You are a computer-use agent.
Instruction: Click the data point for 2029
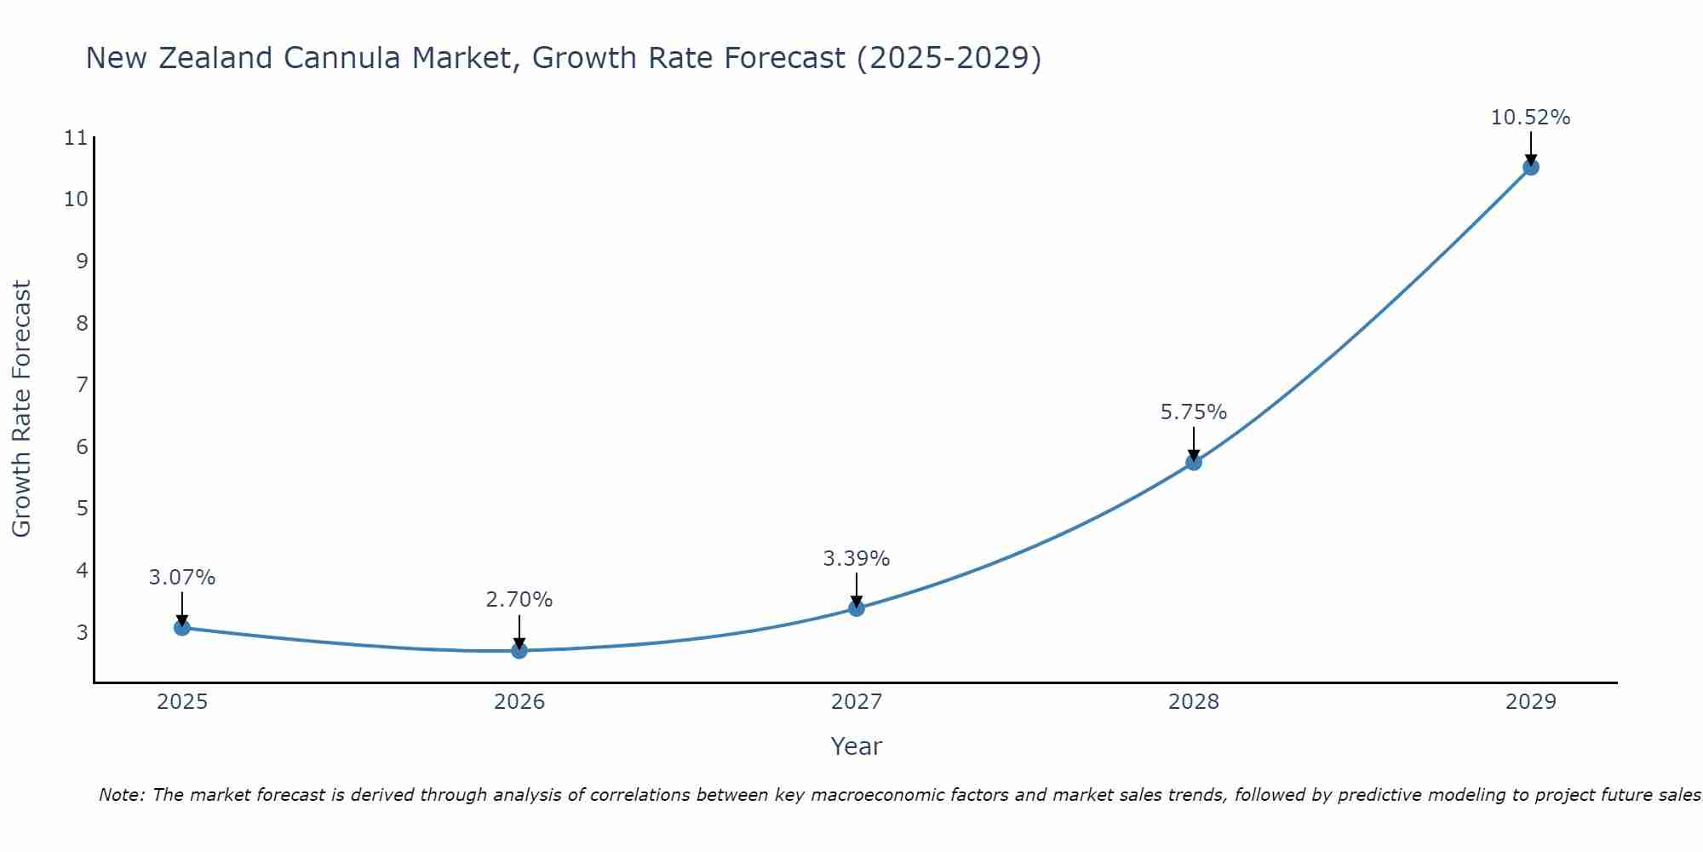tap(1530, 167)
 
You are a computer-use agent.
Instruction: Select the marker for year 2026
tap(519, 650)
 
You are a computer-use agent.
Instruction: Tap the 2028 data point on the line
tap(1193, 463)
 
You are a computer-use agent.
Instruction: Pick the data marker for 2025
tap(182, 627)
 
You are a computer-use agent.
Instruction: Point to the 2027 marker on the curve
tap(857, 607)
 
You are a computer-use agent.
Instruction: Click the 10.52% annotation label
tap(1530, 118)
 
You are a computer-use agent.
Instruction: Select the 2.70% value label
tap(519, 600)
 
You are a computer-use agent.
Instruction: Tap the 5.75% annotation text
tap(1193, 412)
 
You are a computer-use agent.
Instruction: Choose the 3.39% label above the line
tap(857, 559)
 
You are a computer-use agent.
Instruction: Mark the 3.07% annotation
tap(182, 578)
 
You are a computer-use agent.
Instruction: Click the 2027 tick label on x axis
tap(857, 702)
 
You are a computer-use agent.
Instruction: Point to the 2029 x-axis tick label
tap(1530, 702)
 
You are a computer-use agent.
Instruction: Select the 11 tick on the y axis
tap(76, 138)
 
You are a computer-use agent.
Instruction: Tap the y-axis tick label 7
tap(82, 385)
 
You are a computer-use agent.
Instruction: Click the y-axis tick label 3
tap(82, 632)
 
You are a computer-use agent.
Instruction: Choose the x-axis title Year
tap(857, 746)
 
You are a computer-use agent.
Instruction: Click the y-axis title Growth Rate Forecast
tap(22, 409)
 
